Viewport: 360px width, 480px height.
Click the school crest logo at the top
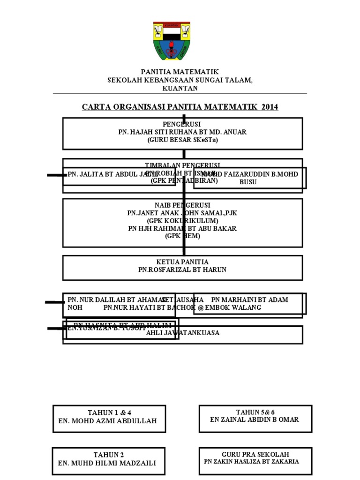pos(172,41)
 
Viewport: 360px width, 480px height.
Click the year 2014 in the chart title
pos(270,107)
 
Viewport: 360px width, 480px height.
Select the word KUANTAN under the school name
pos(180,88)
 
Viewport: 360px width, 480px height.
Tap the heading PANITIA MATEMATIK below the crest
pos(180,72)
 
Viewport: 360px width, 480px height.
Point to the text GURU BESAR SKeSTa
pos(183,140)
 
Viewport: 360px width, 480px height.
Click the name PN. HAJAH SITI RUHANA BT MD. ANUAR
pos(183,132)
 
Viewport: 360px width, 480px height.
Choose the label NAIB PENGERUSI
pos(183,205)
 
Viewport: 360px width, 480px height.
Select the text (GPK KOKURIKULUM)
pos(183,220)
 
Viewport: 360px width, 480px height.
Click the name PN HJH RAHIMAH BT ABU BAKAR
pos(183,228)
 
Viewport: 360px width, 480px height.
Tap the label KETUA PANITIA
pos(183,262)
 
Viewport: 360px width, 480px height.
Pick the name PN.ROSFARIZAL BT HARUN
pos(183,270)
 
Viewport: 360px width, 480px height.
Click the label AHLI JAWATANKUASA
pos(183,333)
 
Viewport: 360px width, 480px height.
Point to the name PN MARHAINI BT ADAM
pos(250,300)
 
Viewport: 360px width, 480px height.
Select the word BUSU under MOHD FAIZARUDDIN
pos(248,182)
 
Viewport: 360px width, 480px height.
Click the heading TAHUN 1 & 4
pos(110,412)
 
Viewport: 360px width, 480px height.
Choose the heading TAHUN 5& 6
pos(255,412)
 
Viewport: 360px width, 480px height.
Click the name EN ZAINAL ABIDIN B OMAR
pos(255,420)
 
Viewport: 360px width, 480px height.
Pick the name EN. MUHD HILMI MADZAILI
pos(107,463)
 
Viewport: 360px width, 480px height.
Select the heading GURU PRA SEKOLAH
pos(255,454)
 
